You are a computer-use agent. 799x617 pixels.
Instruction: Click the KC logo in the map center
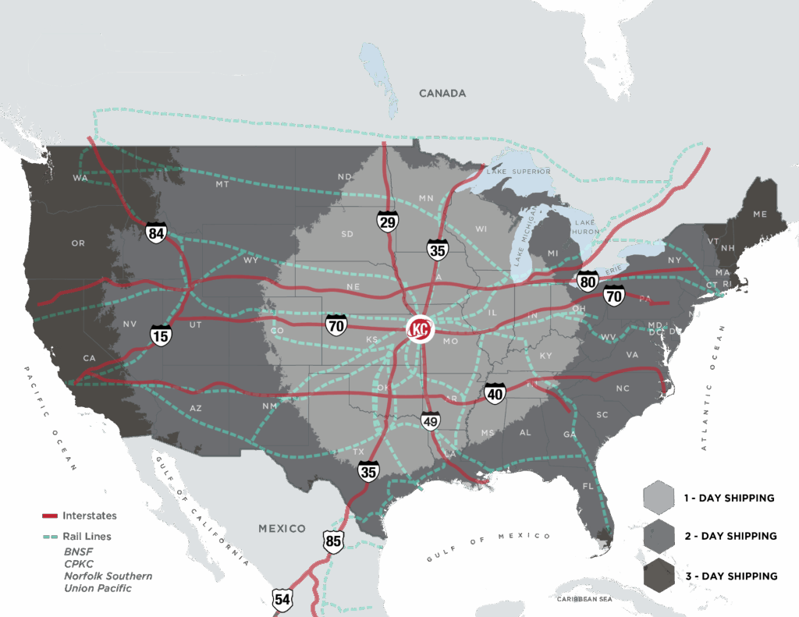coord(420,330)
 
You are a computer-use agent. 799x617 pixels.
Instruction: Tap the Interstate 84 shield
coord(156,232)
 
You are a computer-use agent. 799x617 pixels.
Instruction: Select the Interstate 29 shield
coord(386,222)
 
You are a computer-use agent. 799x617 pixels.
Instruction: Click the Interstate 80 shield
coord(588,281)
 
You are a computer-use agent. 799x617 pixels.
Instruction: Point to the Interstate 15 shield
coord(161,335)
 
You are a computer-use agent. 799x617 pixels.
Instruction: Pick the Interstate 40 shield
coord(495,395)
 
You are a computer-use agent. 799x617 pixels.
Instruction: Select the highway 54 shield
coord(282,599)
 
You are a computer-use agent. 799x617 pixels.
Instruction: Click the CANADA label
coord(442,94)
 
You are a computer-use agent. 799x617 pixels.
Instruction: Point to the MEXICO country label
coord(282,528)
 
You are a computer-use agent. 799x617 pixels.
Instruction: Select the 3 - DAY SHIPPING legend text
coord(730,576)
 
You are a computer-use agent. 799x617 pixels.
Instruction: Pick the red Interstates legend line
coord(51,516)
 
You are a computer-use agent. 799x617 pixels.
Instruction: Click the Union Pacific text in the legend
coord(98,588)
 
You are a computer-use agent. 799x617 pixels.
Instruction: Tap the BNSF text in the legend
coord(80,551)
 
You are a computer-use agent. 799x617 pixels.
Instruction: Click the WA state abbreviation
coord(80,178)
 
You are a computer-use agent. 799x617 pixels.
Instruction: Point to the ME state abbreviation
coord(759,214)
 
